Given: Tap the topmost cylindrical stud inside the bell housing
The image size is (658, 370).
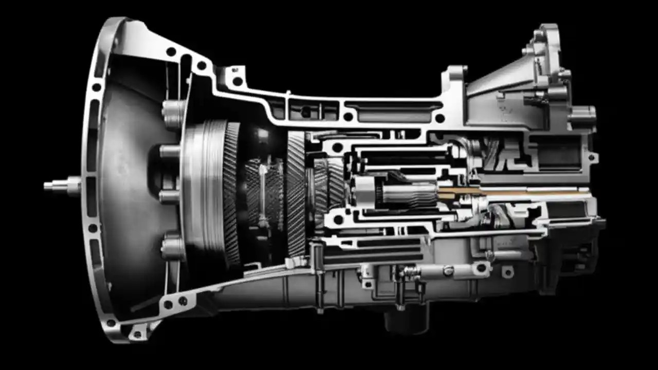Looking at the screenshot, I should tap(173, 109).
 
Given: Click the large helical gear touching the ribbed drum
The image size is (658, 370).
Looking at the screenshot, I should tap(231, 190).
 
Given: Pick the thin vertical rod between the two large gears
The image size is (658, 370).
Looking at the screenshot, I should tap(263, 195).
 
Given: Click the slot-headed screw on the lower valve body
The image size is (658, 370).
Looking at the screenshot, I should tap(448, 271).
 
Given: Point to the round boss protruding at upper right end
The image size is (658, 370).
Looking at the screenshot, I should tap(583, 115).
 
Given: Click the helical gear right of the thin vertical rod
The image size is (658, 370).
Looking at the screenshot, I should tap(296, 193).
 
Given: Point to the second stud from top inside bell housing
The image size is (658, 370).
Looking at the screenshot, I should tap(170, 152).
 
